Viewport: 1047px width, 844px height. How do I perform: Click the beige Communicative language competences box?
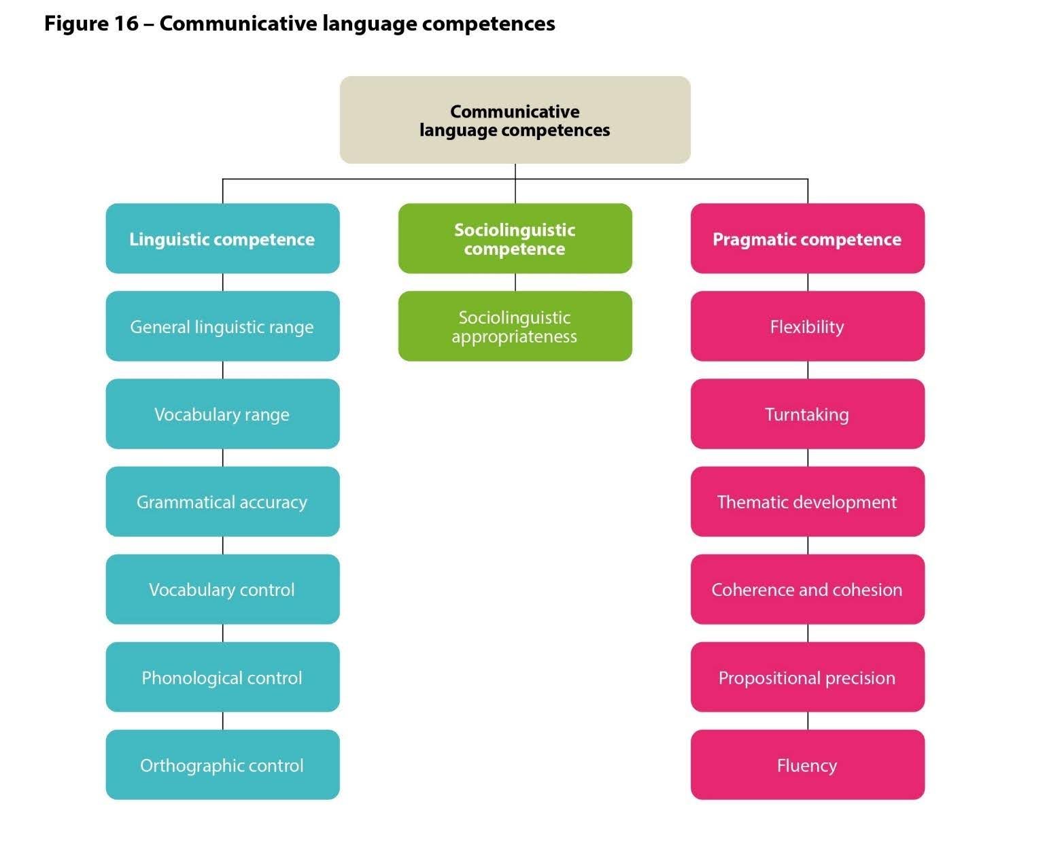click(515, 120)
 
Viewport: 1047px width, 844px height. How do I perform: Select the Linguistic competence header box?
click(222, 239)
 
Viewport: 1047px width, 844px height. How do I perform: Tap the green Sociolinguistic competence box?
click(515, 239)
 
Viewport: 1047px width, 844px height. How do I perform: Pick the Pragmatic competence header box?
click(807, 239)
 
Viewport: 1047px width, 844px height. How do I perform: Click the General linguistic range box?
click(222, 326)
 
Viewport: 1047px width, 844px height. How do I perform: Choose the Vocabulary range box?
click(222, 414)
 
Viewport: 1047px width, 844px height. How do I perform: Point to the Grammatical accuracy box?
click(222, 502)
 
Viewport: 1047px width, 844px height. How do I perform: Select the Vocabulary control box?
click(222, 589)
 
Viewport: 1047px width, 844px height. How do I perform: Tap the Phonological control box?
click(222, 677)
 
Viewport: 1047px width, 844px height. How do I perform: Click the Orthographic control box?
click(222, 764)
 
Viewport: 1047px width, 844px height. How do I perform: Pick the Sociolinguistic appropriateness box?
click(515, 326)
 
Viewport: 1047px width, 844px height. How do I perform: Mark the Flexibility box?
click(807, 326)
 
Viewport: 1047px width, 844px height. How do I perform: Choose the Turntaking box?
click(807, 414)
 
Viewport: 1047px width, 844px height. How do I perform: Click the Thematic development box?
click(807, 502)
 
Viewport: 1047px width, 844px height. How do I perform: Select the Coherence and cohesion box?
click(807, 589)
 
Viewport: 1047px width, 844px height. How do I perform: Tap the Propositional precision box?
click(807, 677)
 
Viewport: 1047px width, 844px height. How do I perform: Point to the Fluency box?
click(807, 764)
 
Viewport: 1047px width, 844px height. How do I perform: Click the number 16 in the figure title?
click(122, 24)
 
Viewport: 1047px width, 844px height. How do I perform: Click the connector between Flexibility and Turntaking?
click(808, 370)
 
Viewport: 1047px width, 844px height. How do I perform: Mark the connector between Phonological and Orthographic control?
click(223, 721)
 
